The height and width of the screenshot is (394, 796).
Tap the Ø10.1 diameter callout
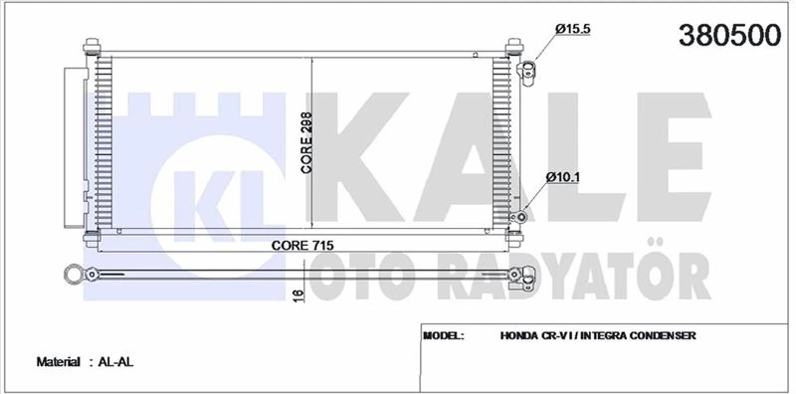point(563,178)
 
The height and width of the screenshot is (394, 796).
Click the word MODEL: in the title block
point(444,336)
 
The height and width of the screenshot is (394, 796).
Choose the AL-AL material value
point(116,363)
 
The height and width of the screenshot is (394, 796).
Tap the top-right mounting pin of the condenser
point(514,47)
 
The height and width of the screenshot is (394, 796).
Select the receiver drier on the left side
point(72,144)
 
